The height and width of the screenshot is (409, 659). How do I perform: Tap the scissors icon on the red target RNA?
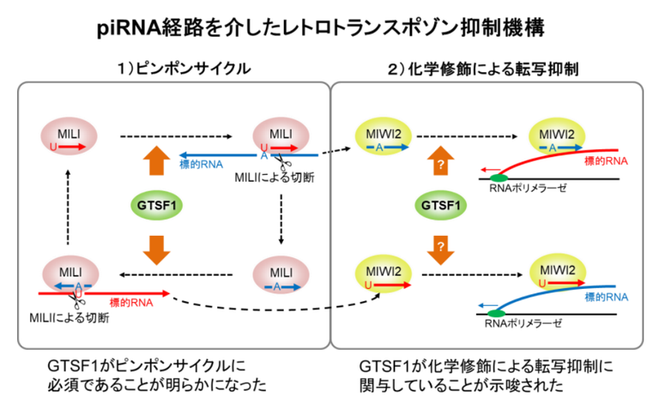coord(78,300)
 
